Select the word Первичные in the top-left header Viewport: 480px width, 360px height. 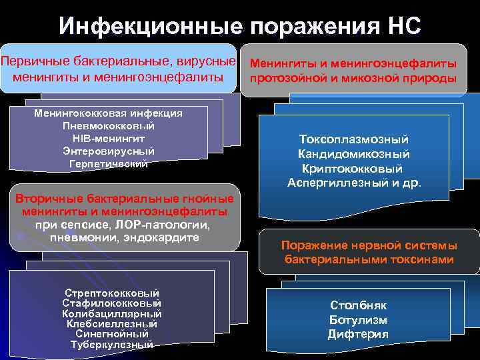32,61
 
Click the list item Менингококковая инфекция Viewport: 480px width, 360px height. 108,113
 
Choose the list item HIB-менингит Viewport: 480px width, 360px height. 108,138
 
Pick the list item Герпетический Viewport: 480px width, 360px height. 108,163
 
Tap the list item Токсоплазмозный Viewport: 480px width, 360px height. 354,139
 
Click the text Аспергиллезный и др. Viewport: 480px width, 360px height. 354,183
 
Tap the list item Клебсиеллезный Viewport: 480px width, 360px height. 111,323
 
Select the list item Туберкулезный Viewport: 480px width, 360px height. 111,344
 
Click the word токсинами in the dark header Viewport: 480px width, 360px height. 423,259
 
